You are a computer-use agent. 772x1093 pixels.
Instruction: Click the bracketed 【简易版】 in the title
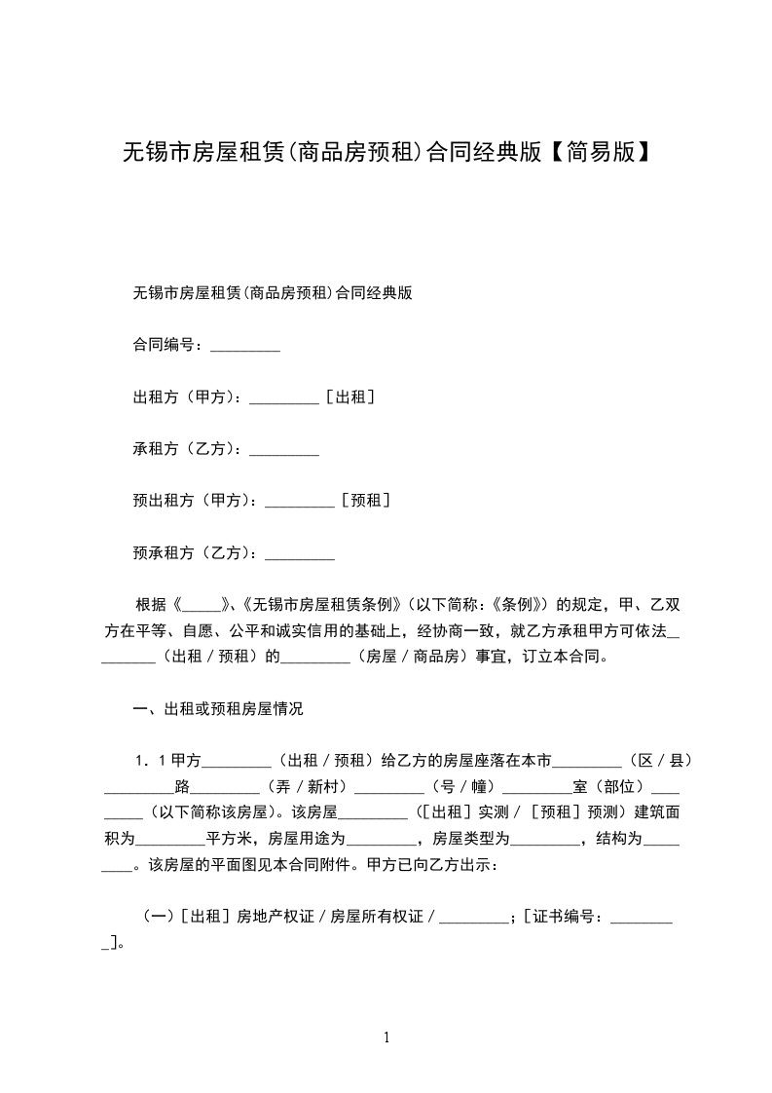coord(596,152)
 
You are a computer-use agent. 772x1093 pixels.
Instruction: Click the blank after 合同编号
coord(245,345)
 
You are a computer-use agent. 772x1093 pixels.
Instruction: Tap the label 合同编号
coord(166,345)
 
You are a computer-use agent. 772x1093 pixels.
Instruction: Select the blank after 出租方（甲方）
coord(284,397)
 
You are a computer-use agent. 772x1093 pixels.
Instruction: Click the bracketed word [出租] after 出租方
coord(351,397)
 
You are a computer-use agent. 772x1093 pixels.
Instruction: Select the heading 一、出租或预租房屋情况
coord(217,709)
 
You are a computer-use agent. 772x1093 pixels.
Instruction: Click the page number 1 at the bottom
coord(386,1037)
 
